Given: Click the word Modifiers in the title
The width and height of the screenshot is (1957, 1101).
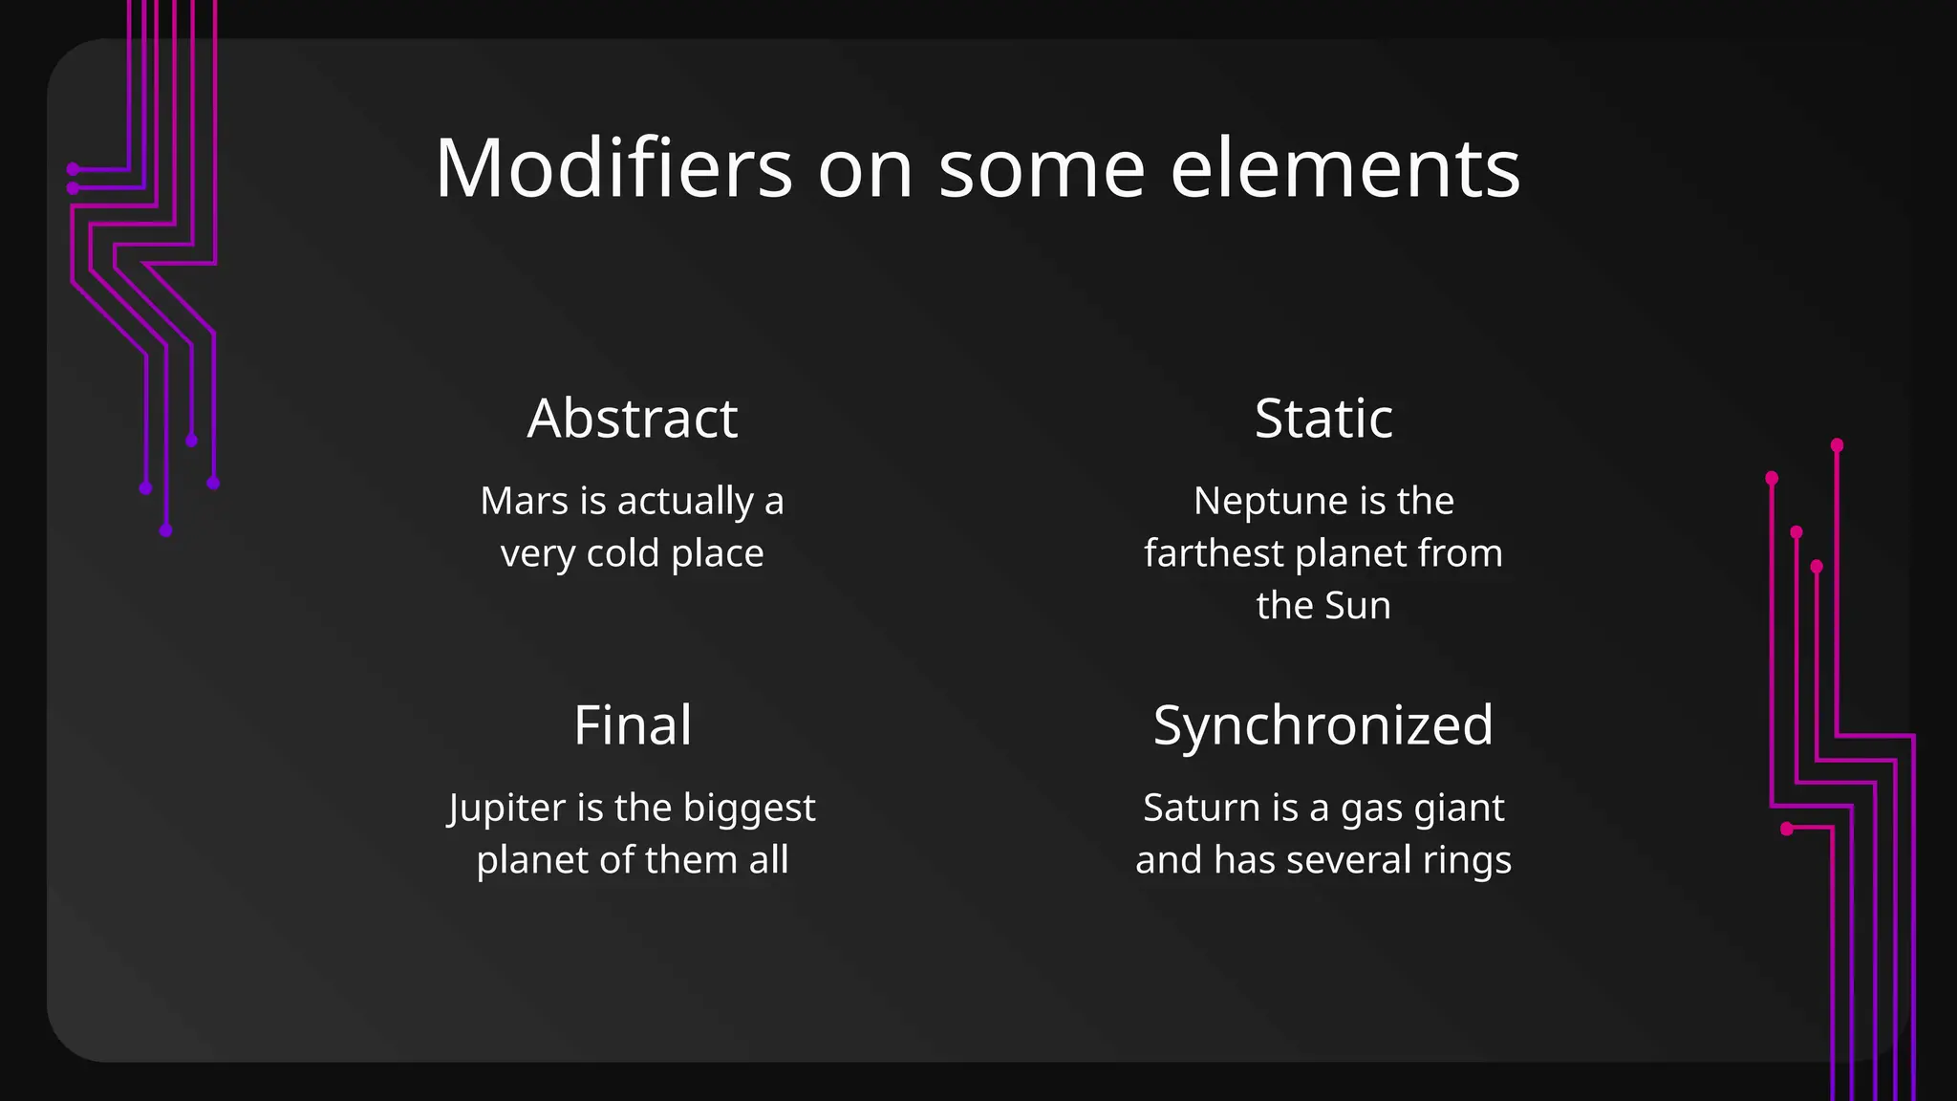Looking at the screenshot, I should [613, 168].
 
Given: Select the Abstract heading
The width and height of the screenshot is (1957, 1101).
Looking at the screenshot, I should [633, 419].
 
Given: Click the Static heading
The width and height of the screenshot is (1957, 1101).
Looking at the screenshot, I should [1323, 419].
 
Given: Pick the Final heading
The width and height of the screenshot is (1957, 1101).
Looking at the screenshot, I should [633, 725].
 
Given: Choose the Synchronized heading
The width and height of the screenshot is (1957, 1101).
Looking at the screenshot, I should [1323, 725].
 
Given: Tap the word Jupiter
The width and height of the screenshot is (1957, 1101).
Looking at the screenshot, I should [506, 809].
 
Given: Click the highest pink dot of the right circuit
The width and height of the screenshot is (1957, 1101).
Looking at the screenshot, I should [1837, 445].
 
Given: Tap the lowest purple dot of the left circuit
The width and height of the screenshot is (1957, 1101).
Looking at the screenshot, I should [166, 530].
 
